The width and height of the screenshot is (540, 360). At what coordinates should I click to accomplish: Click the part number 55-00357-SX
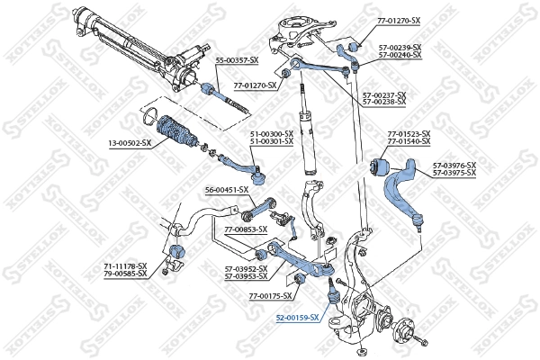237,59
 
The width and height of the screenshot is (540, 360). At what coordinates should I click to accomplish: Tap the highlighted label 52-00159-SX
297,318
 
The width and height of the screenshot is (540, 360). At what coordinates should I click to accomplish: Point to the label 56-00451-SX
226,189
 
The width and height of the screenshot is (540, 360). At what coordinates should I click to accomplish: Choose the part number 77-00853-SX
246,229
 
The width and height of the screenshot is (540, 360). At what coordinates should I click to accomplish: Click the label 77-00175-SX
271,295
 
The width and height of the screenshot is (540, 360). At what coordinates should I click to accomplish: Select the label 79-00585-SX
124,274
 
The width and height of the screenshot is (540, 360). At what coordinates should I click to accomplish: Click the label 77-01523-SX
409,135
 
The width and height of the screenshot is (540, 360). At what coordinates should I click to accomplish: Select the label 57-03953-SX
246,274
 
